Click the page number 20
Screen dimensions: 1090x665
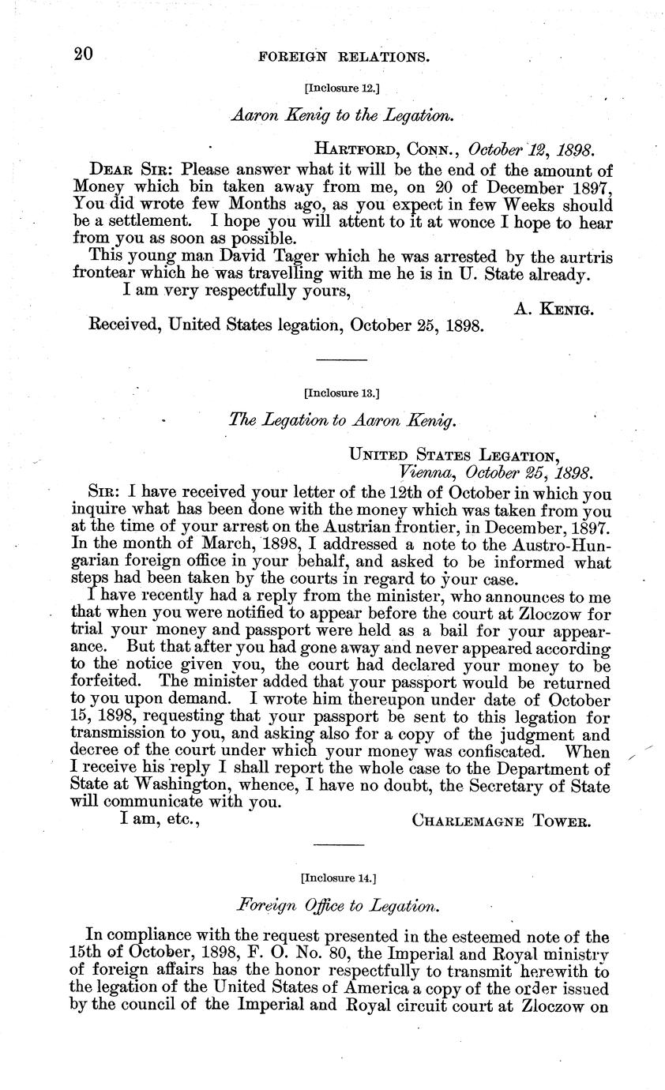coord(83,54)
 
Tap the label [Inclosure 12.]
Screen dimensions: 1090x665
coord(342,88)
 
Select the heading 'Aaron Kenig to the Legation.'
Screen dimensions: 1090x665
coord(342,115)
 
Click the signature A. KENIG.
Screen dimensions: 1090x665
coord(554,310)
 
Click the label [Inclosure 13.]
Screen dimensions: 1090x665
coord(342,392)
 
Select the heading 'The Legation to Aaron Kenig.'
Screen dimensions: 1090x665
coord(341,422)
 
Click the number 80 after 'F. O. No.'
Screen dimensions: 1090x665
coord(322,955)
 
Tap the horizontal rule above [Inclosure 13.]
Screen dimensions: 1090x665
coord(341,360)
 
